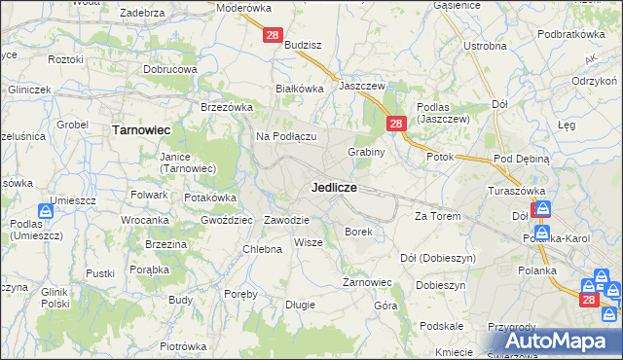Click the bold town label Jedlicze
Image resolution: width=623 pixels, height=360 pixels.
click(x=334, y=186)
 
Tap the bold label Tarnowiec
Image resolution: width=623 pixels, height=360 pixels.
click(x=142, y=128)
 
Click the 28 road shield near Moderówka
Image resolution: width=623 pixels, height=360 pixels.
click(x=273, y=35)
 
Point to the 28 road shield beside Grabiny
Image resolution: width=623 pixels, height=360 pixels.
click(x=396, y=124)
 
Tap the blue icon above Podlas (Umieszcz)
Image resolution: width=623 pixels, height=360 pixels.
click(x=46, y=210)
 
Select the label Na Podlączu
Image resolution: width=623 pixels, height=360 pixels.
click(x=287, y=136)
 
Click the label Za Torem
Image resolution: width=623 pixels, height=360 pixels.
click(x=436, y=215)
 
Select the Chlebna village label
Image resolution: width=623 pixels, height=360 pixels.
click(x=262, y=249)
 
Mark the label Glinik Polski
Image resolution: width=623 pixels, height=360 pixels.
click(x=60, y=297)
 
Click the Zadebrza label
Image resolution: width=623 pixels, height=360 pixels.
click(x=141, y=13)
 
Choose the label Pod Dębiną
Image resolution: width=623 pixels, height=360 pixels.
click(x=522, y=159)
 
